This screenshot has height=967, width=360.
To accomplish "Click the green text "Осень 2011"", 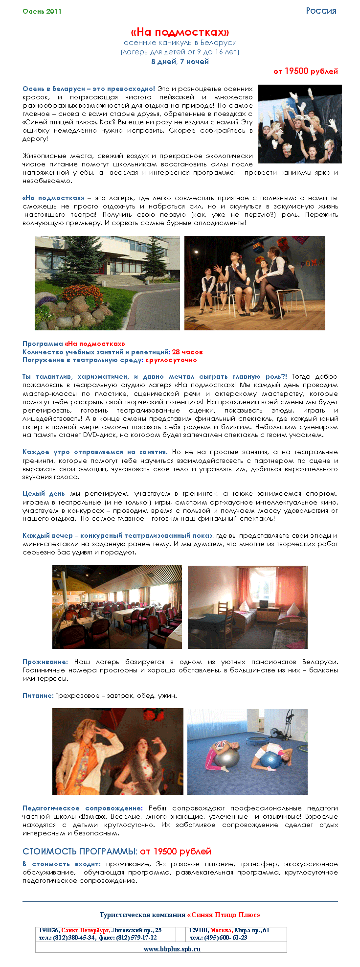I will [42, 11].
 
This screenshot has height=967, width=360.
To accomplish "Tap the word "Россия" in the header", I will [321, 11].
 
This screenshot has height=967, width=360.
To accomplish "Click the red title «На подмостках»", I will [180, 32].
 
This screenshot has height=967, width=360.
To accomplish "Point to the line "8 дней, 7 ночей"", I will [180, 62].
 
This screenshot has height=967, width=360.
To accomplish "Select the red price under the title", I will [305, 71].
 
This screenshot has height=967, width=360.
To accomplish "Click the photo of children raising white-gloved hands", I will [300, 124].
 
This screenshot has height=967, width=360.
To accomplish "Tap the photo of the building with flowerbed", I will [107, 283].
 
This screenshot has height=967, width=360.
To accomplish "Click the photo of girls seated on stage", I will [254, 283].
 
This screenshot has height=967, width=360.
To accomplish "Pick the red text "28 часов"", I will [187, 352].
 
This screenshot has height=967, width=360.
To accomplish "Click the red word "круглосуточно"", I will [171, 360].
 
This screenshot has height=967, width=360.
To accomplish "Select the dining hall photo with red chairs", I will [117, 607].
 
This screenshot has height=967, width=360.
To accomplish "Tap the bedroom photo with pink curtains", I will [247, 607].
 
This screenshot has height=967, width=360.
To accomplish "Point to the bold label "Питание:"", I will [38, 695].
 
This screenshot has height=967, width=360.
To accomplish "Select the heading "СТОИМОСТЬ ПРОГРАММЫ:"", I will [80, 852].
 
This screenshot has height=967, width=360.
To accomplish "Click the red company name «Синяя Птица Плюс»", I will [224, 915].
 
